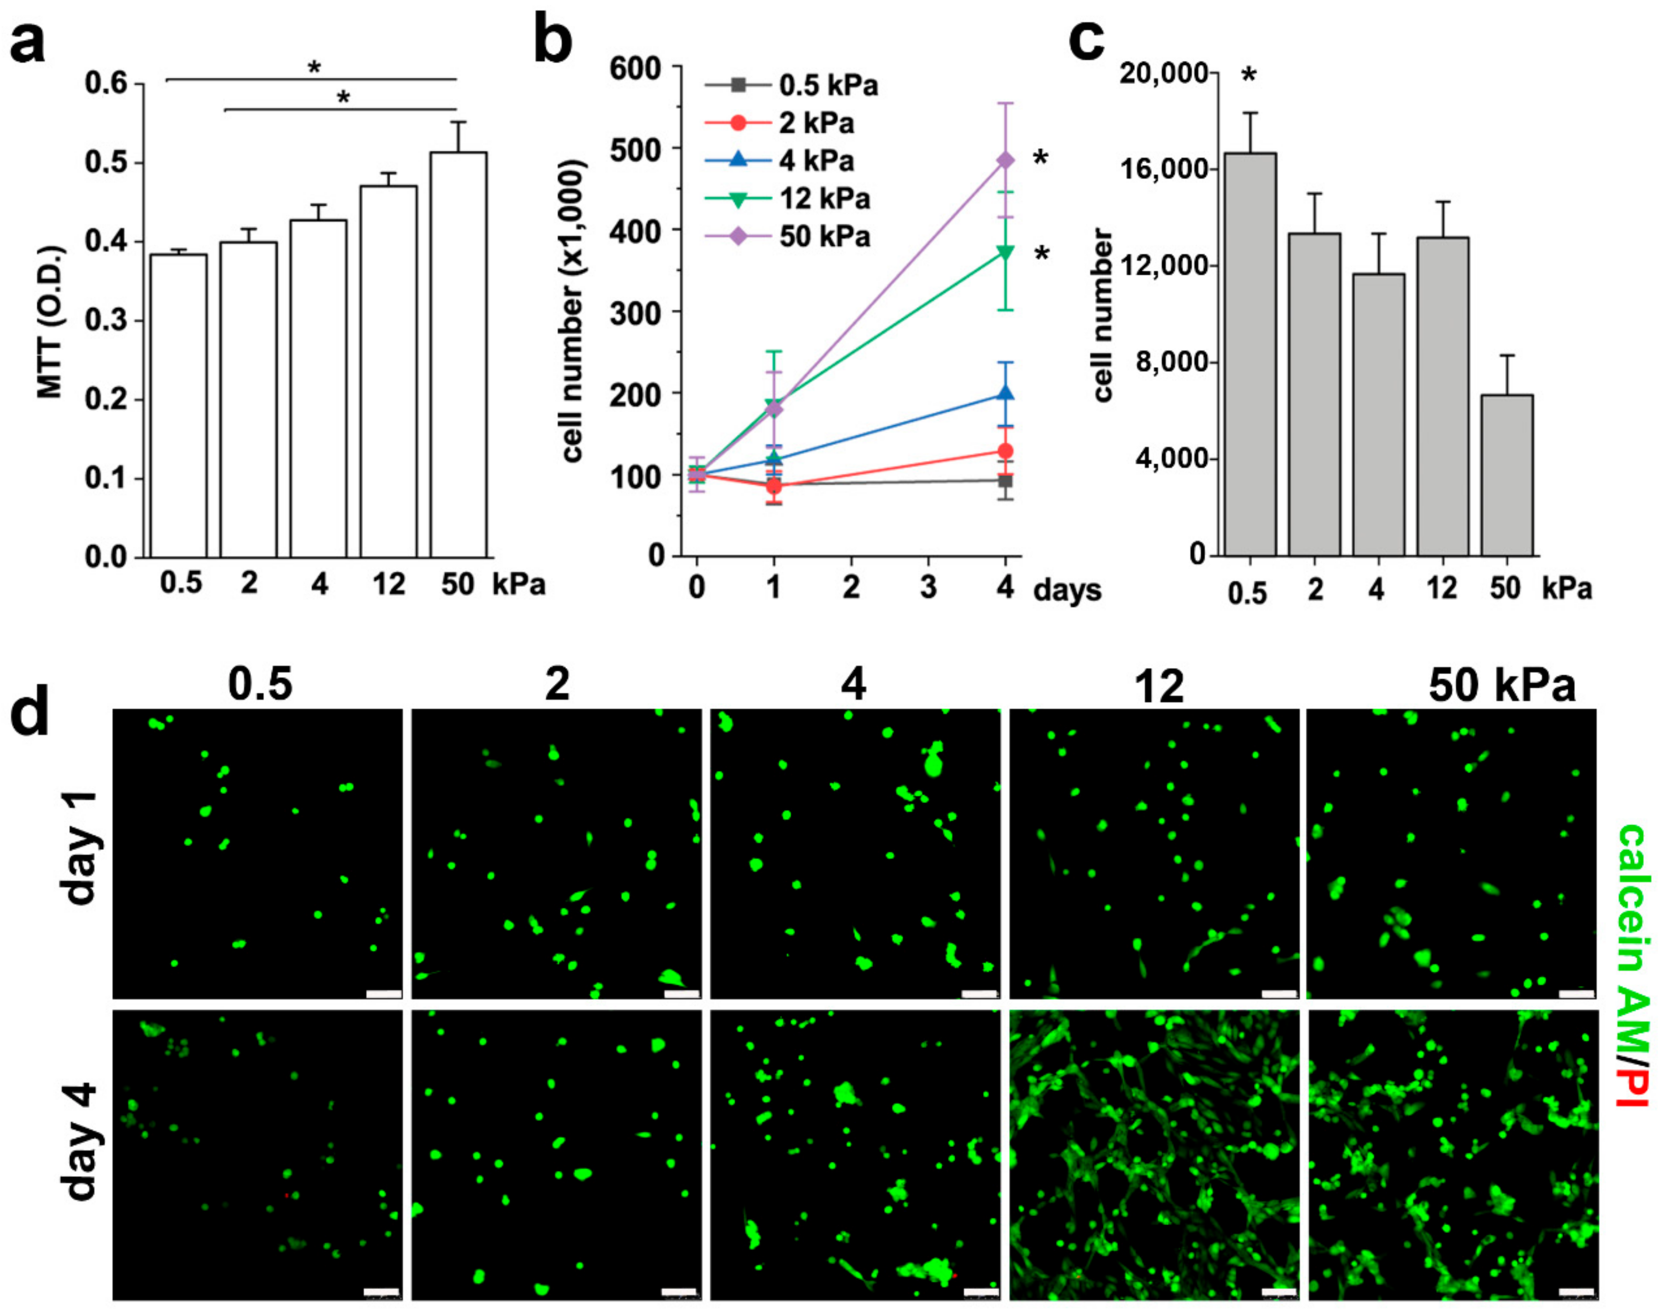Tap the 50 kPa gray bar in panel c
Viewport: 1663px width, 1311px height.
click(x=1507, y=475)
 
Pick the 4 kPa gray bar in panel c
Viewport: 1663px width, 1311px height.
click(x=1378, y=414)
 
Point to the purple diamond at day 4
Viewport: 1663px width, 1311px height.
click(x=1005, y=161)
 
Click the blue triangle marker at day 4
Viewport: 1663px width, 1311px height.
click(x=1005, y=394)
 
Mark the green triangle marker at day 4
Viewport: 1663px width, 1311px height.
click(x=1005, y=253)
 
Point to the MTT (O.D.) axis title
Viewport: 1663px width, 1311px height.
click(x=51, y=322)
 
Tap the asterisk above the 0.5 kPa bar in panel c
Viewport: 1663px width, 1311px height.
click(x=1249, y=75)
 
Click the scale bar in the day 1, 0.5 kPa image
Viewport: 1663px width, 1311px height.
click(x=384, y=994)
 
